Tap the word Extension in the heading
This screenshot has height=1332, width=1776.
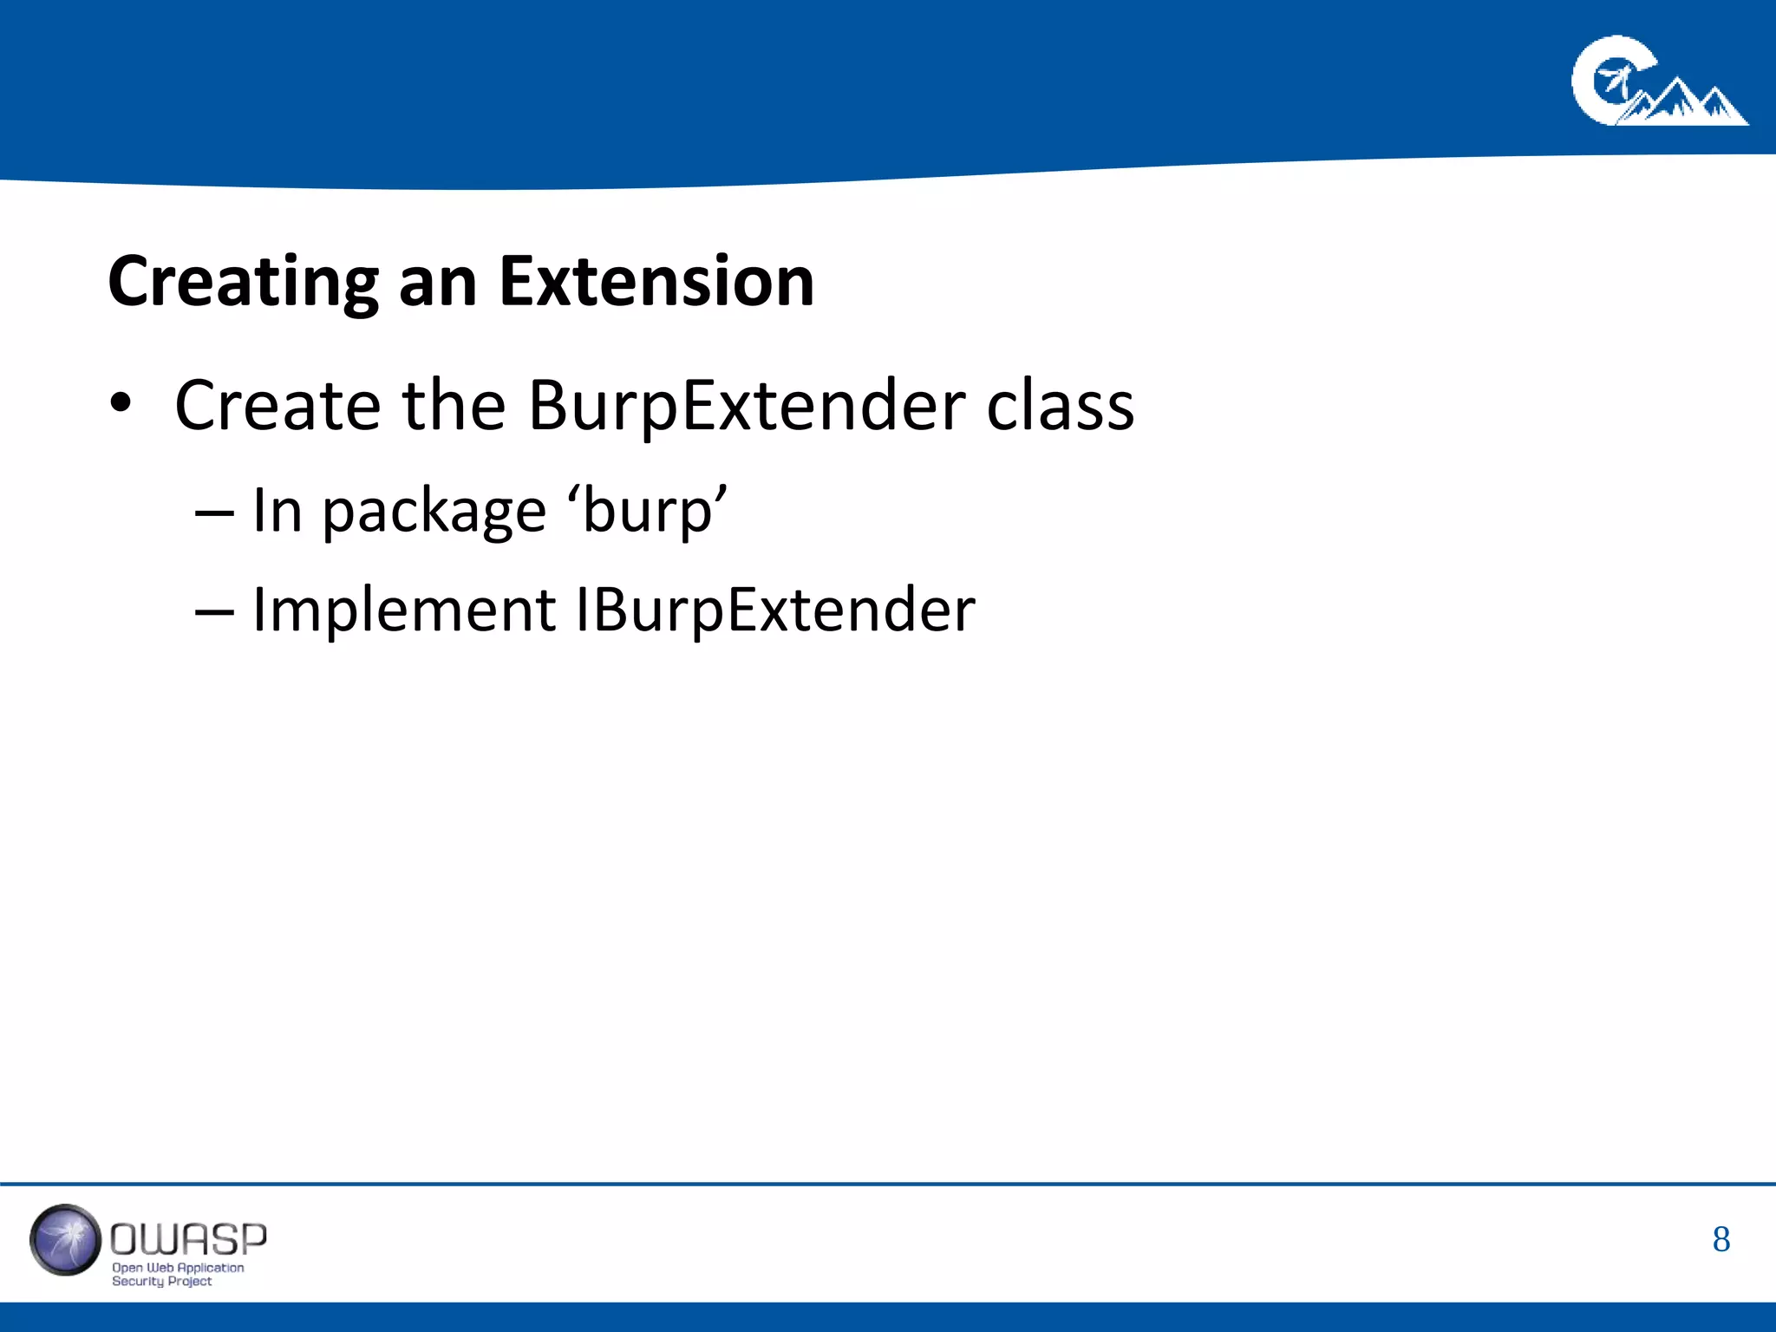click(x=656, y=282)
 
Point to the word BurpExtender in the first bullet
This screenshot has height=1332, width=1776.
click(x=746, y=405)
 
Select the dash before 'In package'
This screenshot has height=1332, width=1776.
click(x=214, y=513)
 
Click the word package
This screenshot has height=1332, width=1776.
click(x=434, y=513)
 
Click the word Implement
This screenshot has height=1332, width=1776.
click(x=403, y=610)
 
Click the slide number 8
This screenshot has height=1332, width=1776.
click(x=1720, y=1240)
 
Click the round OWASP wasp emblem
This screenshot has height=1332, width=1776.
click(x=65, y=1240)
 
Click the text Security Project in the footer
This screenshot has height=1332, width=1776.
click(x=161, y=1281)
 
